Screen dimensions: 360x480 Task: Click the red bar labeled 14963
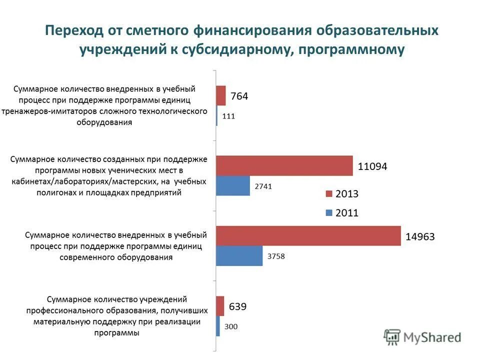[308, 236]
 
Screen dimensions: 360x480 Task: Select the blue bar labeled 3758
[239, 256]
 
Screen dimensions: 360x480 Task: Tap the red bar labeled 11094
[284, 165]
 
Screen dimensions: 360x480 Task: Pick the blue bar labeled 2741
[233, 185]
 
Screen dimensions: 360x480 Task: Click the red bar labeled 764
[221, 95]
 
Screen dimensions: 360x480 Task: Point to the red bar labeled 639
[220, 306]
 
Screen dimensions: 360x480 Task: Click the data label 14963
[420, 237]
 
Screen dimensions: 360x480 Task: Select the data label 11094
[372, 166]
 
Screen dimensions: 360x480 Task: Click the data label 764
[239, 96]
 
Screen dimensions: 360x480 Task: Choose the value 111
[228, 116]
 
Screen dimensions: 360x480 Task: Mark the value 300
[231, 327]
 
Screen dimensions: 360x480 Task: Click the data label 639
[237, 306]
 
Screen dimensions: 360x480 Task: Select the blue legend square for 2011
[328, 213]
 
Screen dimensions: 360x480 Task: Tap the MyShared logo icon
[392, 337]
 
